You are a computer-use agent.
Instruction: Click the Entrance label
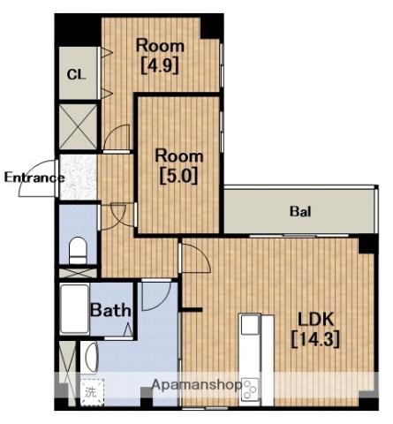click(x=34, y=178)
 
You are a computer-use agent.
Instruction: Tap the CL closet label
click(x=76, y=74)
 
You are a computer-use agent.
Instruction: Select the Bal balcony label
click(x=300, y=211)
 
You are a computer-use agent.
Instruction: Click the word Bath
click(x=110, y=310)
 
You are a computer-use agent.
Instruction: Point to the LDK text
click(x=315, y=319)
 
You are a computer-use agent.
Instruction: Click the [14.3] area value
click(x=315, y=339)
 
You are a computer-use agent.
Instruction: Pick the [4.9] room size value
click(x=160, y=65)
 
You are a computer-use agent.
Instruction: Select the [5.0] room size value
click(x=179, y=176)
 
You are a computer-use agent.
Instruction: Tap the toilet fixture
click(x=78, y=251)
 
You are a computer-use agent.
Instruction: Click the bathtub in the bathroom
click(x=75, y=309)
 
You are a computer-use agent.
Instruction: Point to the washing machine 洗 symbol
click(x=92, y=392)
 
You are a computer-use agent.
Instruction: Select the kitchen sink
click(x=251, y=324)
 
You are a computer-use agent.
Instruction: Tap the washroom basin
click(x=91, y=357)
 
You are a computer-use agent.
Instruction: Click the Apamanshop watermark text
click(x=197, y=385)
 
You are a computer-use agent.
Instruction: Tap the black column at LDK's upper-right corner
click(x=368, y=245)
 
